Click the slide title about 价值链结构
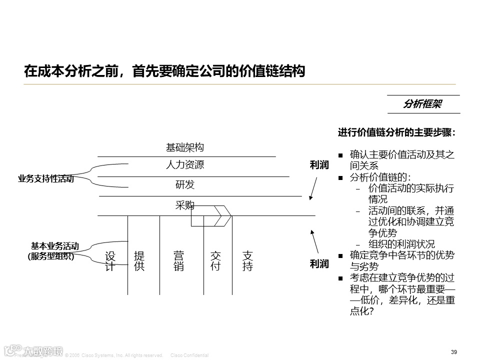point(164,71)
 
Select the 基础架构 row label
point(185,147)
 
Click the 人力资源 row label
point(185,164)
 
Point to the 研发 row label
point(185,184)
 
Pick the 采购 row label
point(184,204)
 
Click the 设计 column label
point(110,261)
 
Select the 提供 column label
point(139,261)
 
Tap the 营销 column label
point(178,261)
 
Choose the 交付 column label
point(215,261)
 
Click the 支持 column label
point(247,261)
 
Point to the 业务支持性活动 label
point(45,178)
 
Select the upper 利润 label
point(319,165)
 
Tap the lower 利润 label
point(319,263)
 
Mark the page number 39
point(454,352)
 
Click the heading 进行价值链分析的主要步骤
point(396,133)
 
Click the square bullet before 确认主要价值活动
point(340,155)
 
